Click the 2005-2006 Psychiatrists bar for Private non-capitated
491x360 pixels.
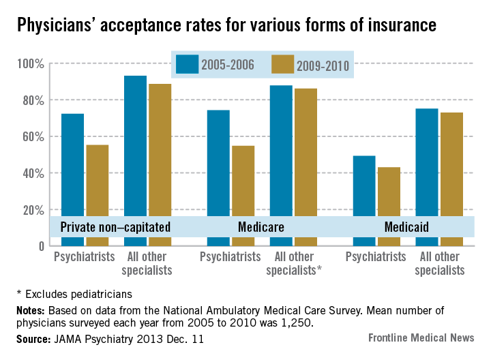73,164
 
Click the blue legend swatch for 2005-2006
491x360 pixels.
186,64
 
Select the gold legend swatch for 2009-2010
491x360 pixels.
282,64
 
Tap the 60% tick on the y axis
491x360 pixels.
32,137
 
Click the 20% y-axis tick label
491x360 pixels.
32,210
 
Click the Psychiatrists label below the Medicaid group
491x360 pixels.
376,257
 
